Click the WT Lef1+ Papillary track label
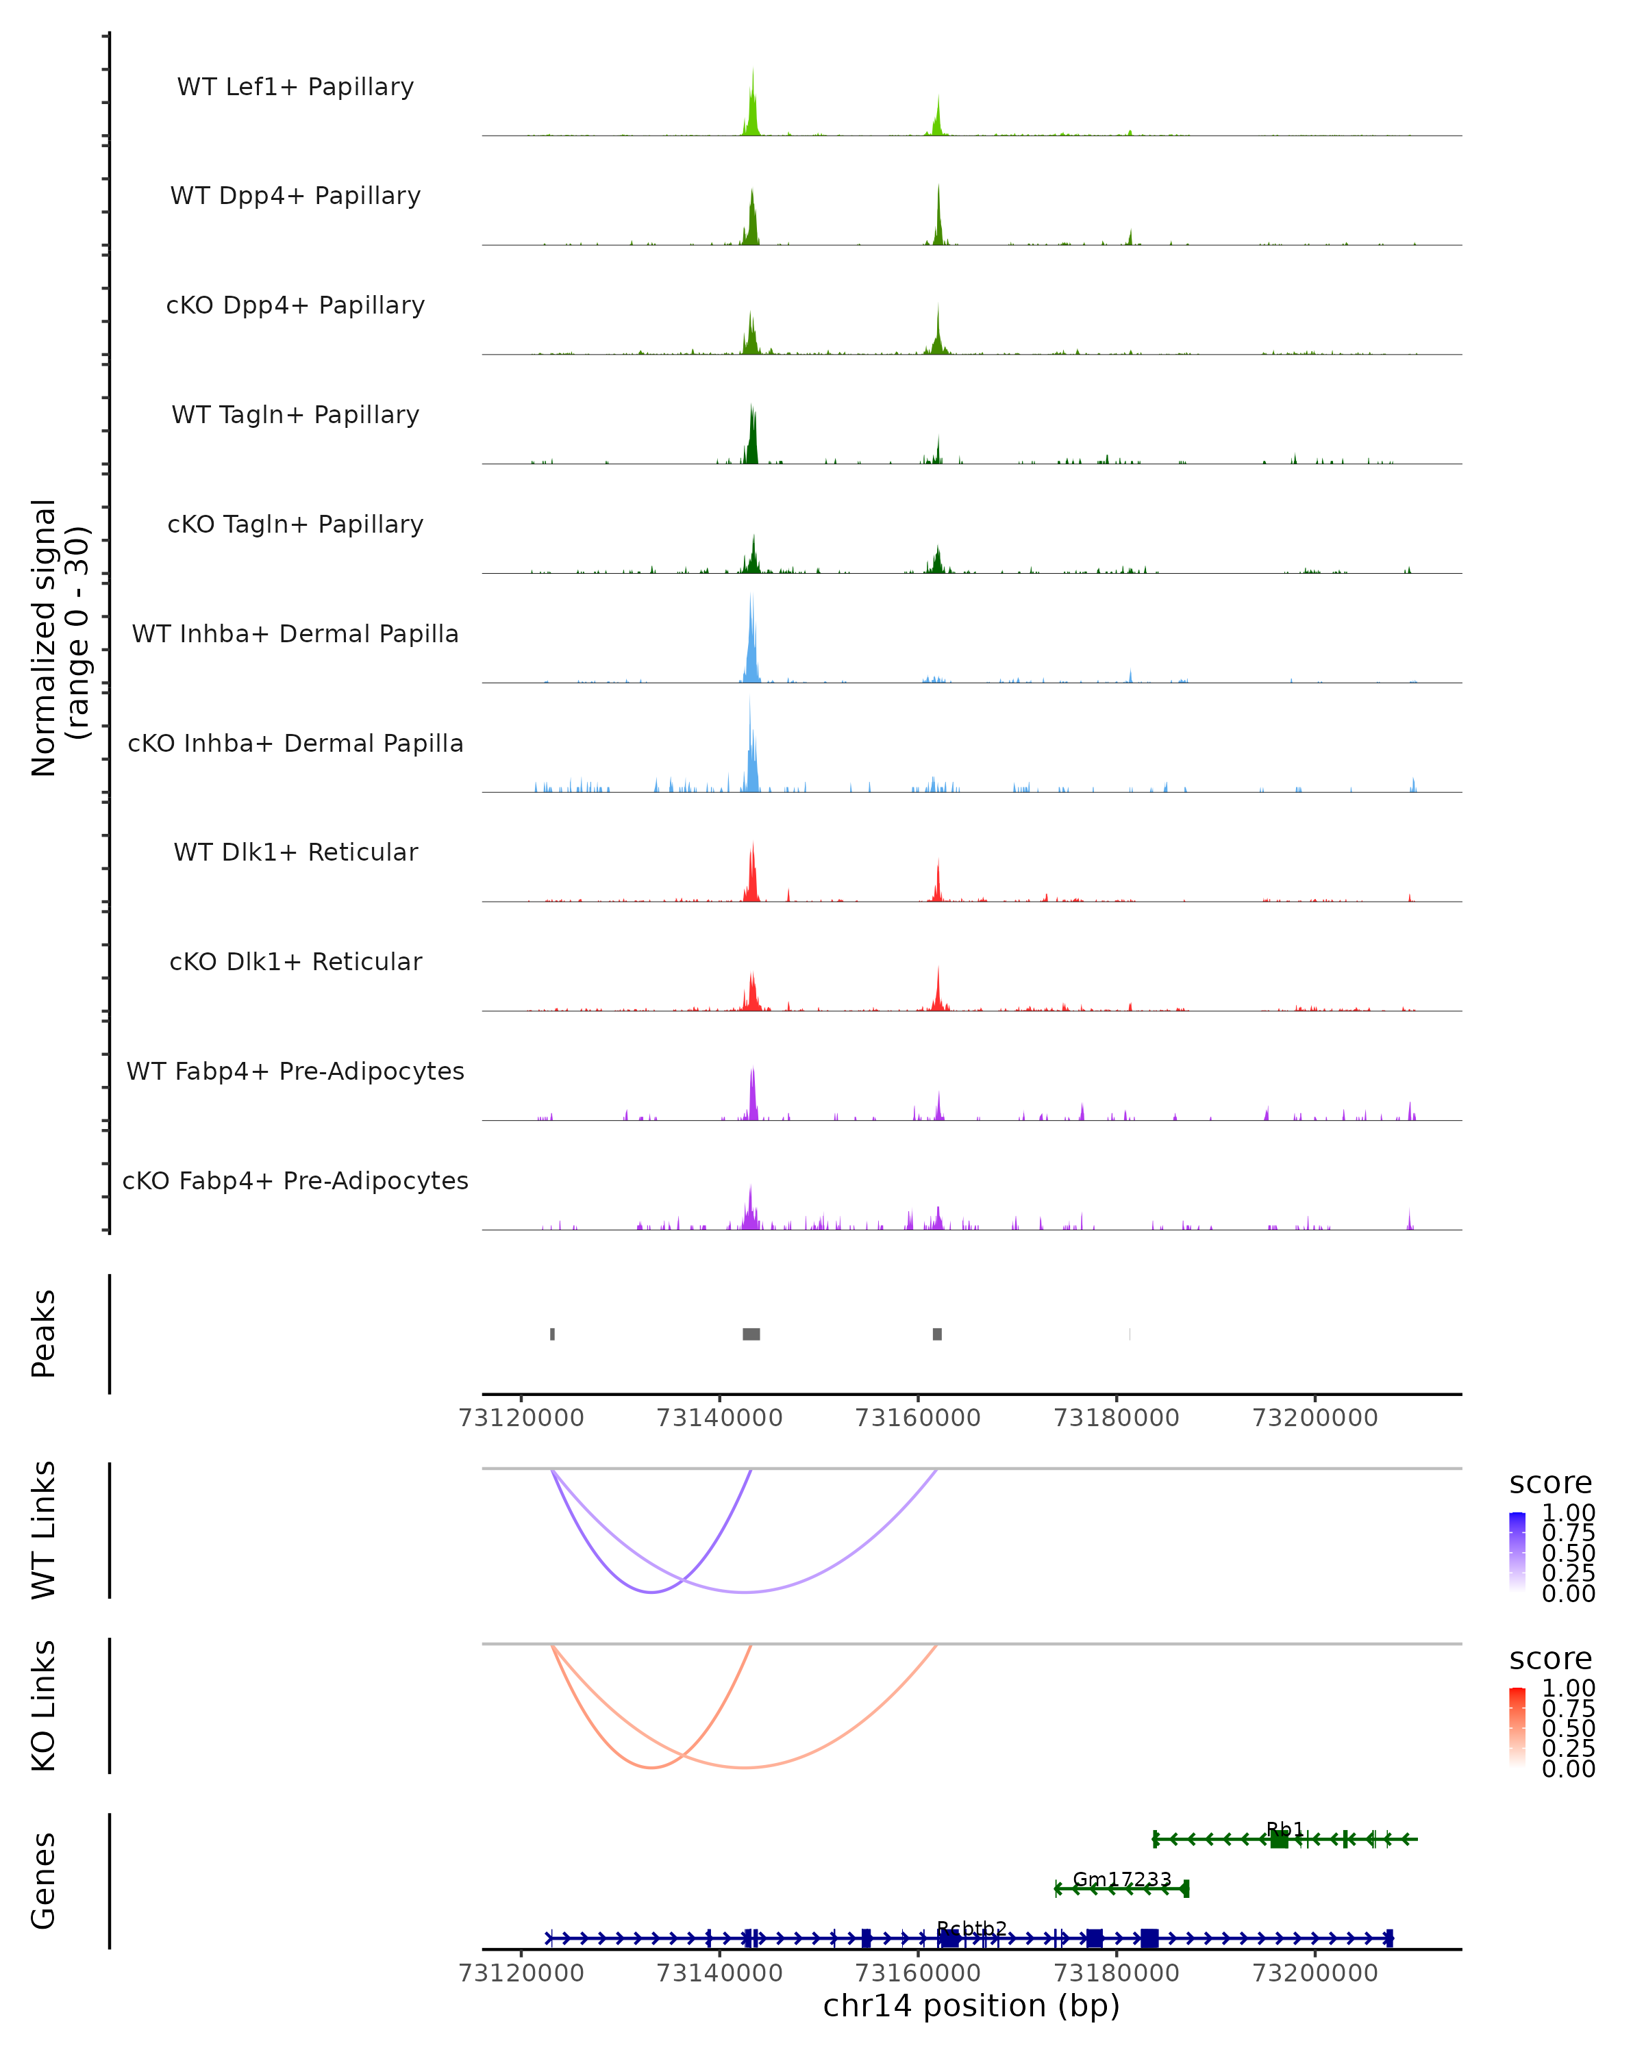pos(295,87)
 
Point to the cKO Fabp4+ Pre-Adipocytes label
pos(295,1180)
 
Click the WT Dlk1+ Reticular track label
pos(295,852)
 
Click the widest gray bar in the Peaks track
pos(751,1334)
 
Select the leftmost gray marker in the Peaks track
pos(552,1334)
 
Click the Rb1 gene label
pos(1284,1828)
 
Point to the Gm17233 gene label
pos(1122,1879)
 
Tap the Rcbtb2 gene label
pos(971,1928)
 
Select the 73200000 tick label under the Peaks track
pos(1315,1418)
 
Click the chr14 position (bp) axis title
pos(971,2006)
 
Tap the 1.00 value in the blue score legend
pos(1568,1512)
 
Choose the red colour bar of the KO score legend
pos(1517,1727)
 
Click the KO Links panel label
pos(44,1706)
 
